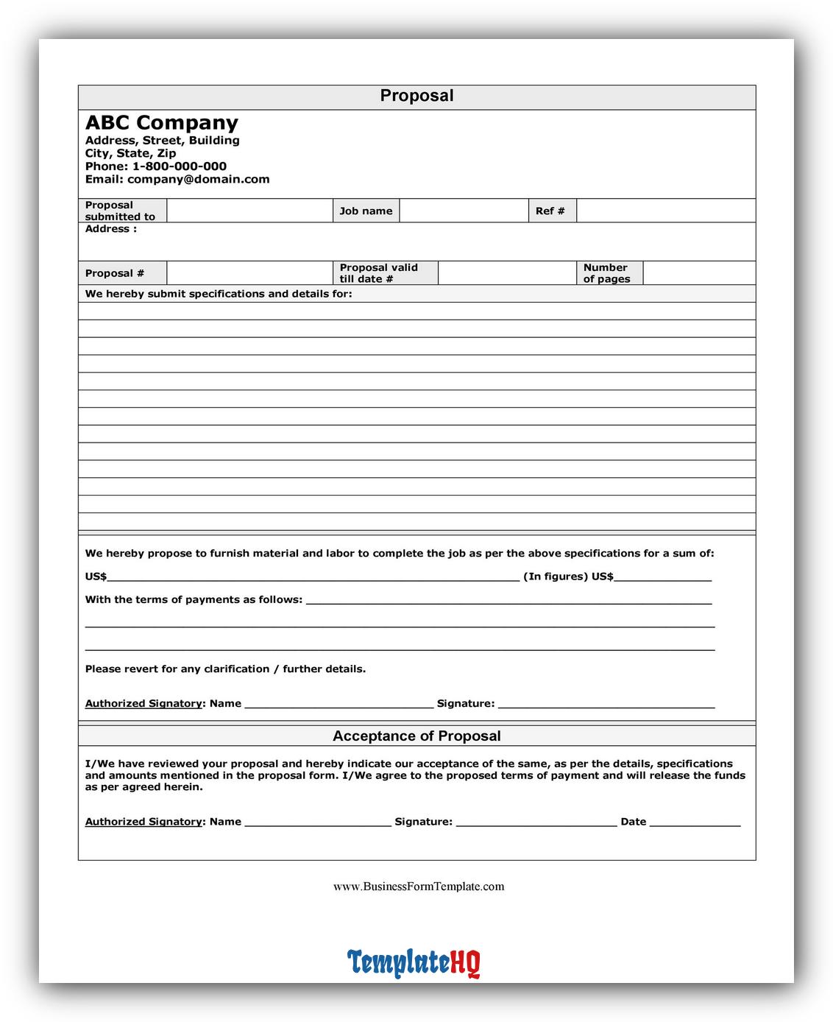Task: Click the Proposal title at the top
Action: tap(416, 96)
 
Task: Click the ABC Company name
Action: tap(162, 122)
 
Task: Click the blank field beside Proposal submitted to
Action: tap(249, 211)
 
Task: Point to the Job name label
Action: tap(366, 211)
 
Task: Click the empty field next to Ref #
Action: tap(665, 211)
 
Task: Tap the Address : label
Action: tap(111, 229)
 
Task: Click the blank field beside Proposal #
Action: tap(249, 273)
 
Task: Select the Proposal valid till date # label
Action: tap(378, 273)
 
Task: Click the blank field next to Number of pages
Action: tap(698, 273)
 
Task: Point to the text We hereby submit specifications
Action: tap(219, 294)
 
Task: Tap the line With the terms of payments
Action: tap(194, 599)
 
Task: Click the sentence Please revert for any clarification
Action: tap(225, 669)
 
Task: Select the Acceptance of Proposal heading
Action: tap(416, 736)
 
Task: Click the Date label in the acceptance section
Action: tap(633, 822)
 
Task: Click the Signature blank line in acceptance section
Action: tap(536, 823)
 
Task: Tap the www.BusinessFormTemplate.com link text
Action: tap(419, 887)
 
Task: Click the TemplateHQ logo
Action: tap(414, 962)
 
